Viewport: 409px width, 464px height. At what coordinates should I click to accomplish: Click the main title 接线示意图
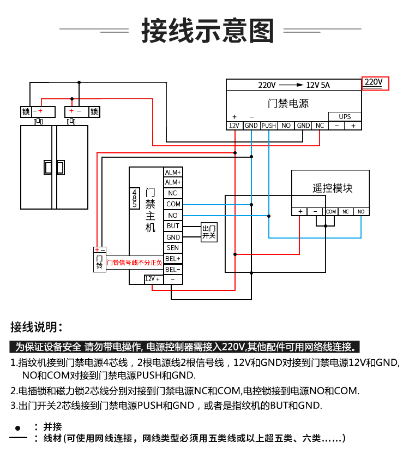208,31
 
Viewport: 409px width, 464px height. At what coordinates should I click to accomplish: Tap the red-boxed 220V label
375,83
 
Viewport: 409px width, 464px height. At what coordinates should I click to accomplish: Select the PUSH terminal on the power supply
269,126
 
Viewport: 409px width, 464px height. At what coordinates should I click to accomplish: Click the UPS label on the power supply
345,117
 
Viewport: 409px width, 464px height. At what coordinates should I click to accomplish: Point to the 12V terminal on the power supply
234,126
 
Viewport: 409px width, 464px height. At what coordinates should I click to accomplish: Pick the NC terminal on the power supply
320,126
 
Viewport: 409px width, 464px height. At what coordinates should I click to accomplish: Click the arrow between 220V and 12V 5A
291,85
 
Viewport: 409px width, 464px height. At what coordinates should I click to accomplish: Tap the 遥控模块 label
333,188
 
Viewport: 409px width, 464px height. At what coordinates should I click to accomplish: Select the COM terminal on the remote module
330,212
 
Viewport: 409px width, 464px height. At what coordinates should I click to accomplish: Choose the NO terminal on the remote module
361,212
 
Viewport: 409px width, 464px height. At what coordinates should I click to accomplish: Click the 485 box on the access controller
135,198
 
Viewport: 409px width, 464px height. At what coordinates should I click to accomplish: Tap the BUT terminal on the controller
173,226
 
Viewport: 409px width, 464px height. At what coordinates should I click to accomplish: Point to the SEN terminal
173,248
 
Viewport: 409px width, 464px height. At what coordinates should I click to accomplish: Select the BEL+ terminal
173,259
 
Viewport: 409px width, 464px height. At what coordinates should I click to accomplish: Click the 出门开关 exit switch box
209,233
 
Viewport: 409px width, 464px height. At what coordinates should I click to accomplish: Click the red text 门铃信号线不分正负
134,263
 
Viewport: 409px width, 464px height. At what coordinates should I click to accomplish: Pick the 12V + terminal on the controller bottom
153,279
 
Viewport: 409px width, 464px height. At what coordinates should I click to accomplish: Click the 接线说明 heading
37,327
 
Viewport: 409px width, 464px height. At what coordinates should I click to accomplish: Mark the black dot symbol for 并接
18,428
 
